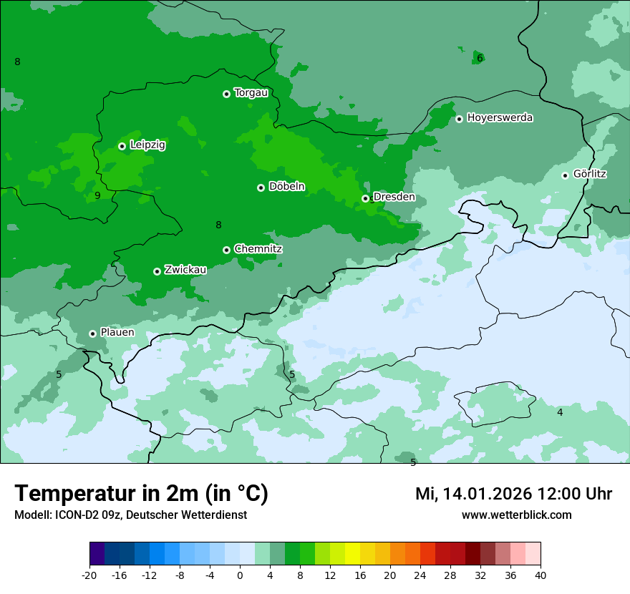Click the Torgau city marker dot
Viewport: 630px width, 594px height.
(226, 94)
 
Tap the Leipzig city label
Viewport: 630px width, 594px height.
(147, 145)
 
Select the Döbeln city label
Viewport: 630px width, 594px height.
(286, 187)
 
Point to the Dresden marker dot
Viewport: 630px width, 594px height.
(365, 198)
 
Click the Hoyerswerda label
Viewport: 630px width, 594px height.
(500, 118)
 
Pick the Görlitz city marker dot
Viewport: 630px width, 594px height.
(565, 175)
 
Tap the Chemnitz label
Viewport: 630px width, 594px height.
(258, 249)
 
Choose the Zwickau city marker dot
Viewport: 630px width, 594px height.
(157, 271)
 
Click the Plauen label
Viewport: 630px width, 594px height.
(117, 333)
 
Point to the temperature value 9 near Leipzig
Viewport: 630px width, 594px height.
(97, 195)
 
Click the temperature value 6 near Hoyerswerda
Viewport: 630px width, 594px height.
(480, 58)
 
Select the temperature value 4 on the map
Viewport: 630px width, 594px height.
(560, 412)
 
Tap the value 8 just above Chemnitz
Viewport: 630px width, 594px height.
(218, 225)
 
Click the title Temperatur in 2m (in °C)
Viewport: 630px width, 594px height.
(141, 494)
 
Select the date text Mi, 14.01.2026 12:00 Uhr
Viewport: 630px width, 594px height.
(513, 494)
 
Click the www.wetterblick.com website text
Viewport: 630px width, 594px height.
(516, 515)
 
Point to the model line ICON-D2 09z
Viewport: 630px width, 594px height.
(130, 515)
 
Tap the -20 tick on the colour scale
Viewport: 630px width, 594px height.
(89, 575)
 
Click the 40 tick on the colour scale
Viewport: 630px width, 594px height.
(541, 575)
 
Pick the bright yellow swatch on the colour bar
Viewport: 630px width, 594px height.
(353, 554)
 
